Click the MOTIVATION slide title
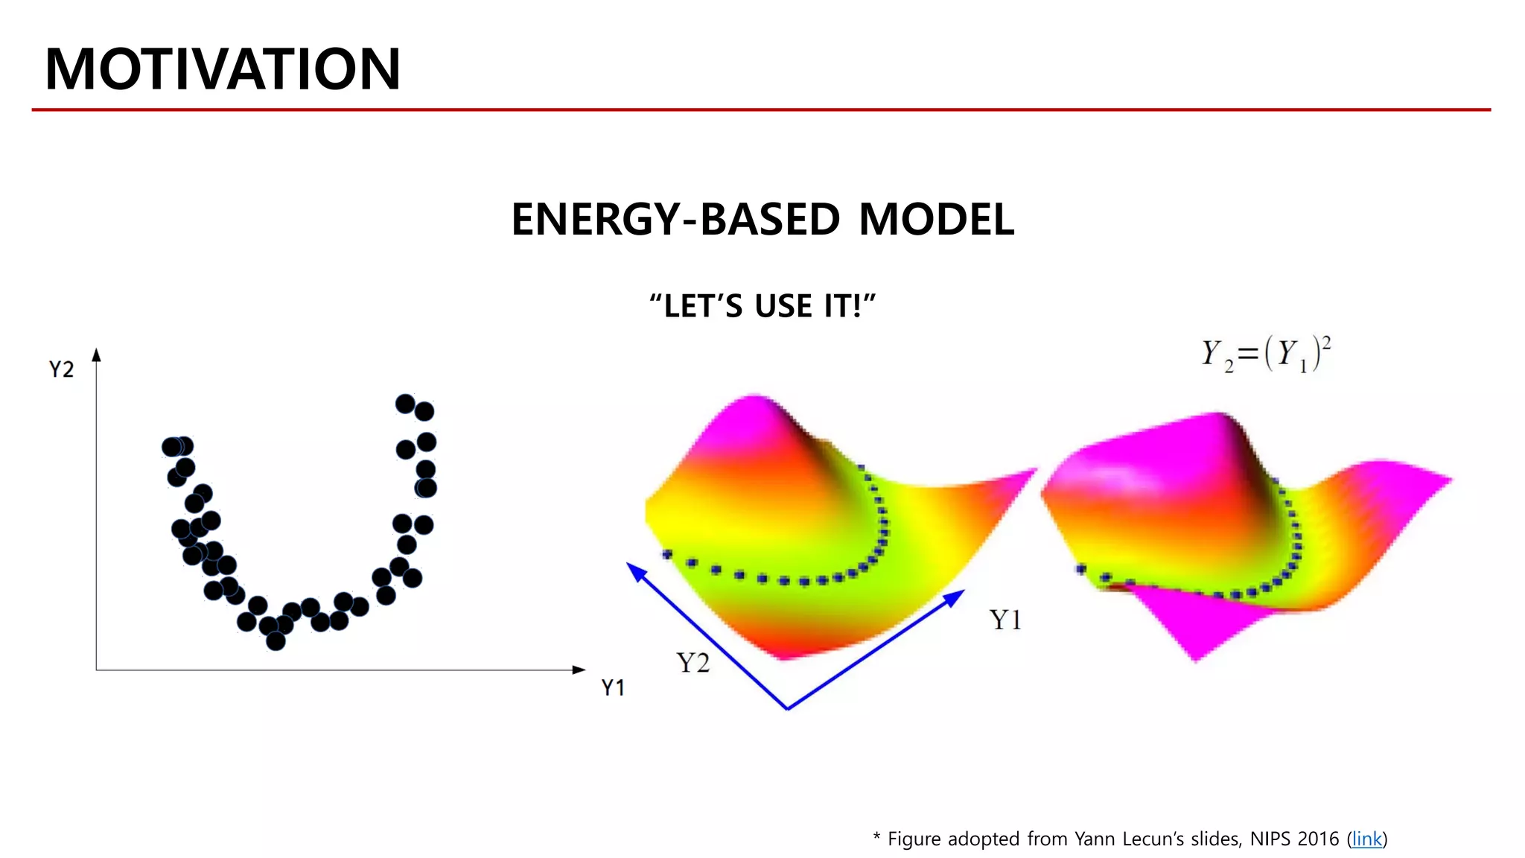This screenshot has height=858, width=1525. point(223,69)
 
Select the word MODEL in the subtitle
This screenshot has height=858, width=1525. point(936,220)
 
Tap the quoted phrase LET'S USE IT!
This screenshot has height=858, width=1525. point(762,306)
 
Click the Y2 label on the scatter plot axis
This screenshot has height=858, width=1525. point(61,369)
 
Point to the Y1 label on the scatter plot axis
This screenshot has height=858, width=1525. point(613,687)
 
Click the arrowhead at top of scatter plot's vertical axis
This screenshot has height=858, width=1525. point(96,355)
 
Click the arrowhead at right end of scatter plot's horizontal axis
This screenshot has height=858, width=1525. point(579,670)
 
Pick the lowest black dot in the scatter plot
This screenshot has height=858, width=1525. point(276,641)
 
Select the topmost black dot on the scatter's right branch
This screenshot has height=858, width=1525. point(405,404)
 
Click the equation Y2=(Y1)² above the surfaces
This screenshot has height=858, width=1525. point(1266,355)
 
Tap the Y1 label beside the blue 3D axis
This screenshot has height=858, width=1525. point(1005,620)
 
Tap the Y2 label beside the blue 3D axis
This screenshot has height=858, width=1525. point(693,663)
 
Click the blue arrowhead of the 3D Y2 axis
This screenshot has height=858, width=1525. point(635,571)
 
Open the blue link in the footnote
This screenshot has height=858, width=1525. point(1366,839)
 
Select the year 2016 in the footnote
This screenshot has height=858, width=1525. point(1317,839)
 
